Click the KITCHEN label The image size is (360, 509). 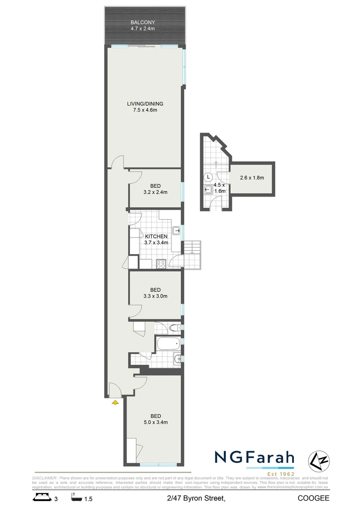pyautogui.click(x=156, y=236)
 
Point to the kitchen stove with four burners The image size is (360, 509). pyautogui.click(x=161, y=263)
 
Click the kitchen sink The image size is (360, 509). pyautogui.click(x=176, y=230)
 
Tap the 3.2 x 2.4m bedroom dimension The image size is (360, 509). pyautogui.click(x=155, y=192)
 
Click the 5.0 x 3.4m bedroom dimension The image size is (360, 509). pyautogui.click(x=155, y=422)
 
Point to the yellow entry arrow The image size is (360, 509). pyautogui.click(x=114, y=402)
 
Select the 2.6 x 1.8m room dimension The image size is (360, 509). pyautogui.click(x=252, y=178)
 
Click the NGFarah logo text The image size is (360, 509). pyautogui.click(x=254, y=457)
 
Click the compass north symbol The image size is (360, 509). pyautogui.click(x=319, y=460)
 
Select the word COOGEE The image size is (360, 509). pyautogui.click(x=313, y=498)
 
